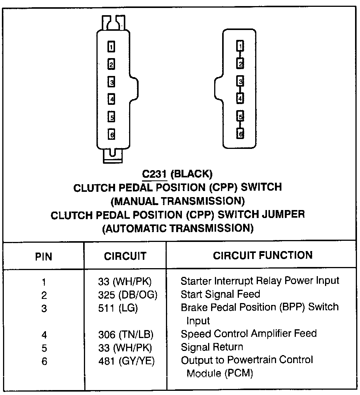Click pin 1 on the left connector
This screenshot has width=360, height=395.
pos(111,47)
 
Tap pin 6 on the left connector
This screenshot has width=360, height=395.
pos(111,134)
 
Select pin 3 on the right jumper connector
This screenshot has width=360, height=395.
pos(240,81)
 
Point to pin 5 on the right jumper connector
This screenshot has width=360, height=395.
pos(240,116)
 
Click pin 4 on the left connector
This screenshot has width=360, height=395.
pos(111,99)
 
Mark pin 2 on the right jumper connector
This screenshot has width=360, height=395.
pos(240,63)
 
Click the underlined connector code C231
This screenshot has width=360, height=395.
pos(155,174)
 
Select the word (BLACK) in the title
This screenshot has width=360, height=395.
pos(191,174)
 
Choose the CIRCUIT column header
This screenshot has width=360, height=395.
pos(125,256)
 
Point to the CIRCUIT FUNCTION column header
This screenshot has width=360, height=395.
pos(263,255)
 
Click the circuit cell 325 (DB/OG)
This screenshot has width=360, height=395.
pos(127,294)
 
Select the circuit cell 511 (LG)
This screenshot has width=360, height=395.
pos(118,308)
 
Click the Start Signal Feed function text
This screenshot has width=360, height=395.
pos(220,294)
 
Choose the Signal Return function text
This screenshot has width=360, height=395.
pos(212,347)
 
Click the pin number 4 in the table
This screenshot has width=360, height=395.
pos(44,335)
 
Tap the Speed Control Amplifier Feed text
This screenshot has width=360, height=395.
pos(249,334)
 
